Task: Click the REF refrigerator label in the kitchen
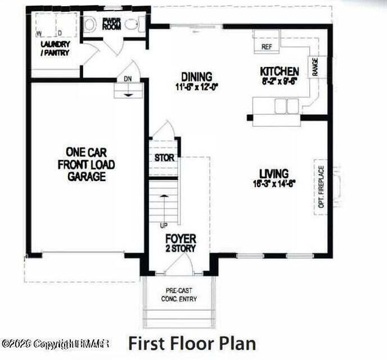click(267, 47)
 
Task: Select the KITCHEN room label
click(279, 71)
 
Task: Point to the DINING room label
click(196, 76)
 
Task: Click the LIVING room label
click(273, 173)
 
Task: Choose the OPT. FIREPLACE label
click(321, 187)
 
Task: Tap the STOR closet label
click(164, 158)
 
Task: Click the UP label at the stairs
click(165, 225)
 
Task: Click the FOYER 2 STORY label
click(180, 243)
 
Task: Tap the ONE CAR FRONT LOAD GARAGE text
click(86, 164)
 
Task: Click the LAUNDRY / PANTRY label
click(55, 48)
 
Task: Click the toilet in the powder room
click(90, 24)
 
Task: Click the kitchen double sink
click(286, 105)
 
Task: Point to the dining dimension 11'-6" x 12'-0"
click(196, 87)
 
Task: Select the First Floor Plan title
click(192, 343)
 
